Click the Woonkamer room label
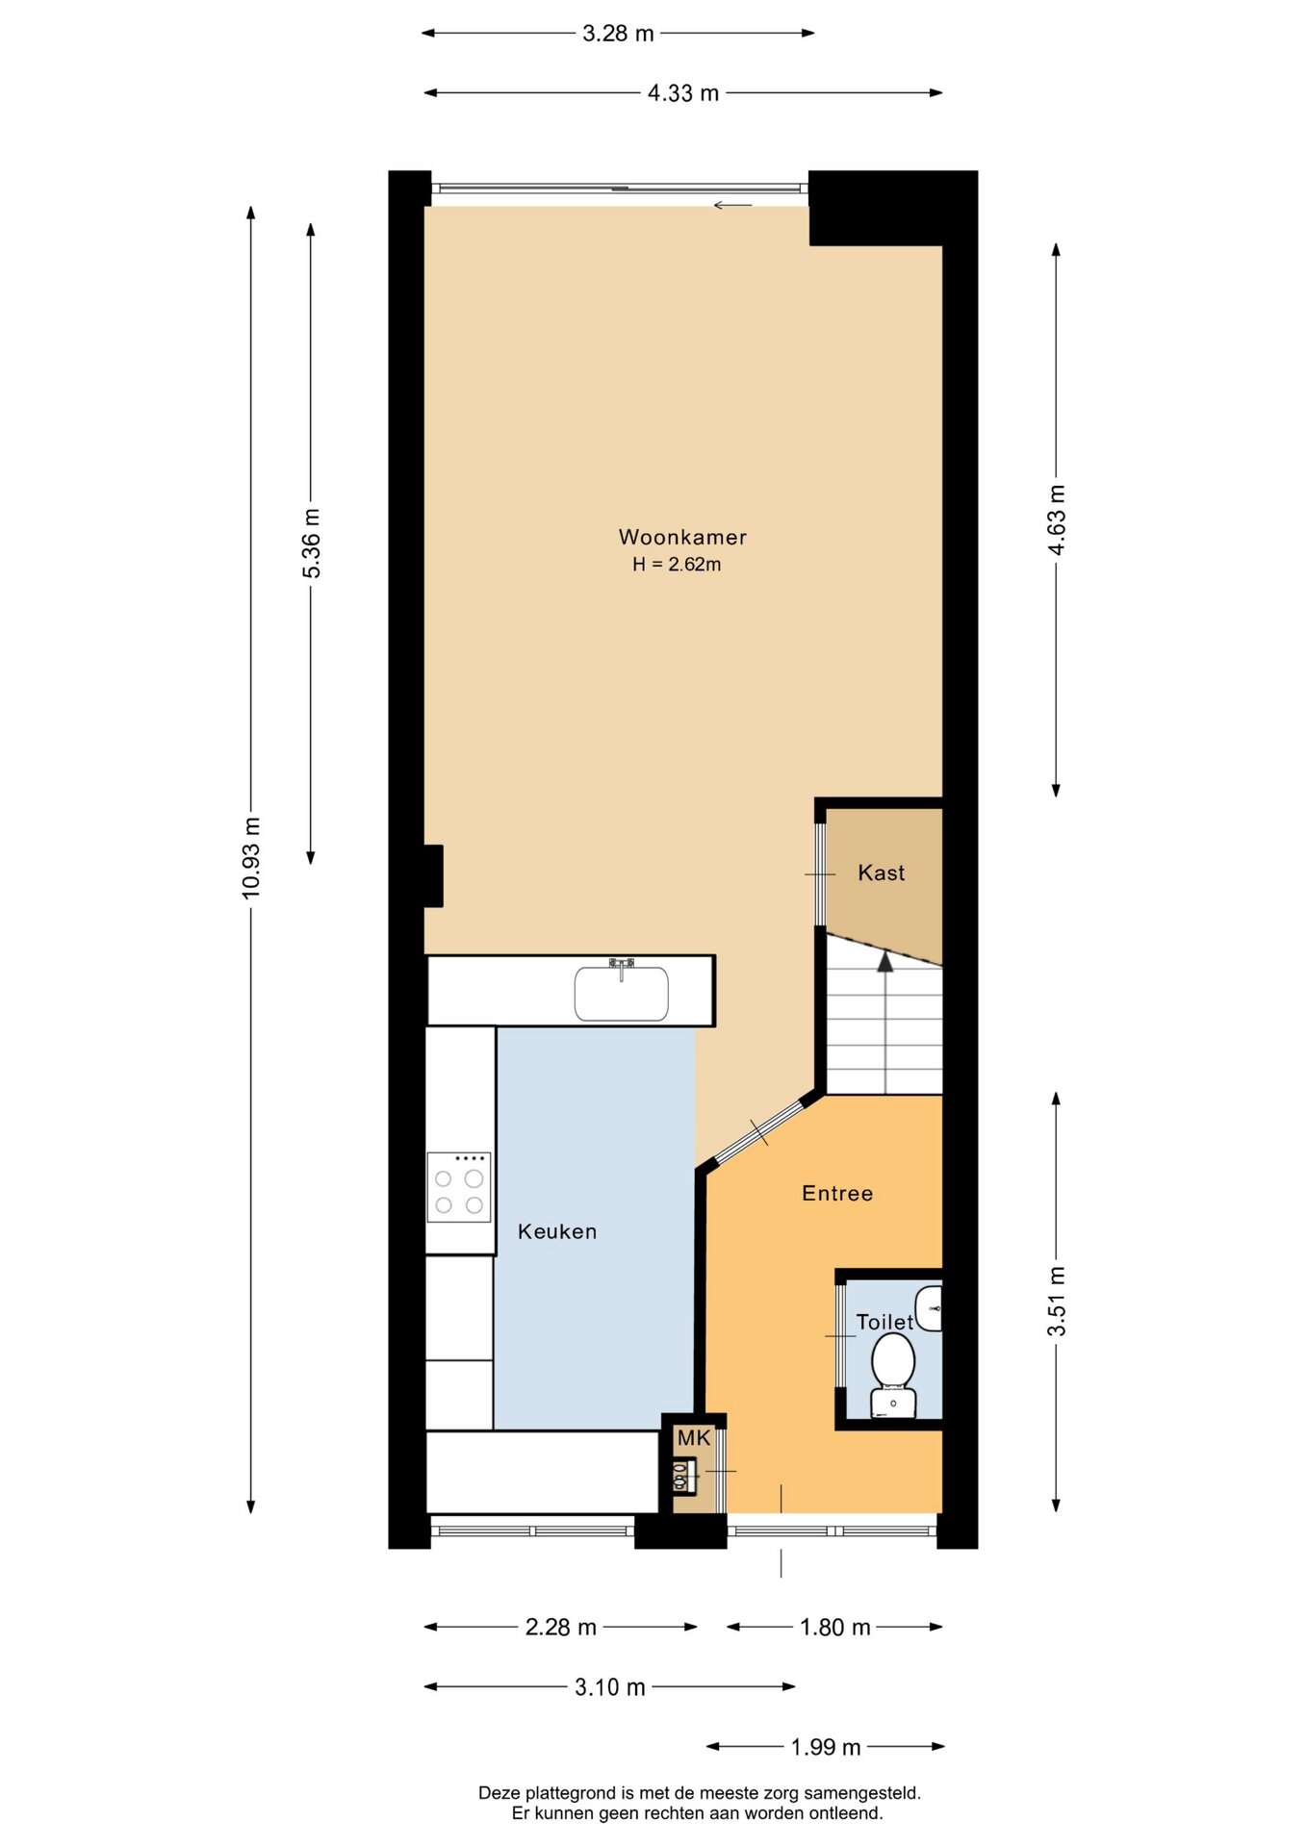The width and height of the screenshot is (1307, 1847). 682,537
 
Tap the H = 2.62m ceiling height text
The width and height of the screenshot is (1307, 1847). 677,565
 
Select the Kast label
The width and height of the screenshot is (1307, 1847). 882,873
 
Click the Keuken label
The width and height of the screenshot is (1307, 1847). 557,1231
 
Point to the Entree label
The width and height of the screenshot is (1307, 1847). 837,1193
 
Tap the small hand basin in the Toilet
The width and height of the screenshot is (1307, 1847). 929,1308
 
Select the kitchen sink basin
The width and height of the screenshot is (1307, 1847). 621,993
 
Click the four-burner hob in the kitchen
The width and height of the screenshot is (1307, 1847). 459,1187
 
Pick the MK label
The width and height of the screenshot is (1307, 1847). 694,1438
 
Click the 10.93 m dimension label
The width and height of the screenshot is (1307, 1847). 251,858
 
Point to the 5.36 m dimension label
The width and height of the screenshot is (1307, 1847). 312,544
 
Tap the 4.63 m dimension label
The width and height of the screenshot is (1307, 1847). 1057,519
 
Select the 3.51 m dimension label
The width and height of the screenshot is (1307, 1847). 1057,1302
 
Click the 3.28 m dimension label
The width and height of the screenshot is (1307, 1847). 618,34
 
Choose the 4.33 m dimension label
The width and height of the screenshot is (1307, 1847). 683,93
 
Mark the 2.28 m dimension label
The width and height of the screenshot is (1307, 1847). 561,1627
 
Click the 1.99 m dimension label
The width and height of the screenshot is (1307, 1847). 826,1747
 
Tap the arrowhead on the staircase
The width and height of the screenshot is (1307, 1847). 885,961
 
